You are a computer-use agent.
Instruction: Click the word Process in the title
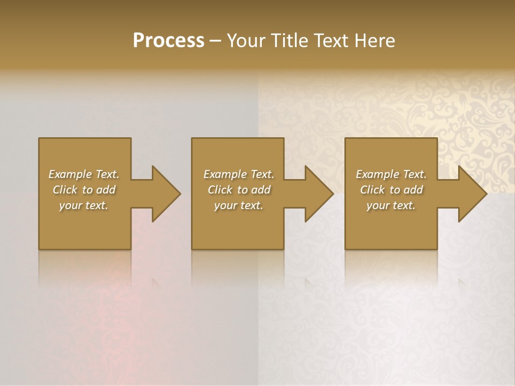[x=168, y=41]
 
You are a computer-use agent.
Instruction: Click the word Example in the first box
[x=70, y=174]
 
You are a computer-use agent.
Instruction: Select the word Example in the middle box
[x=225, y=174]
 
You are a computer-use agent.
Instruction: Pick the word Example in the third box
[x=377, y=174]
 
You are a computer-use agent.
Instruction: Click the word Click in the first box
[x=64, y=190]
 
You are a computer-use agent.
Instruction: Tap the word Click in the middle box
[x=219, y=190]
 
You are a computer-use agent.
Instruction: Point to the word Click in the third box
[x=372, y=190]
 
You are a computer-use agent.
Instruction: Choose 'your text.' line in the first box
[x=84, y=205]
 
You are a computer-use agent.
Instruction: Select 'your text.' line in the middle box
[x=239, y=205]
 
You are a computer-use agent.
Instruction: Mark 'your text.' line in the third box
[x=391, y=205]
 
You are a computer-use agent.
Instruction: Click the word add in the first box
[x=106, y=190]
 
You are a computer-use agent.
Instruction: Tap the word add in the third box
[x=414, y=190]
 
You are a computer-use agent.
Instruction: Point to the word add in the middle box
[x=261, y=190]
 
